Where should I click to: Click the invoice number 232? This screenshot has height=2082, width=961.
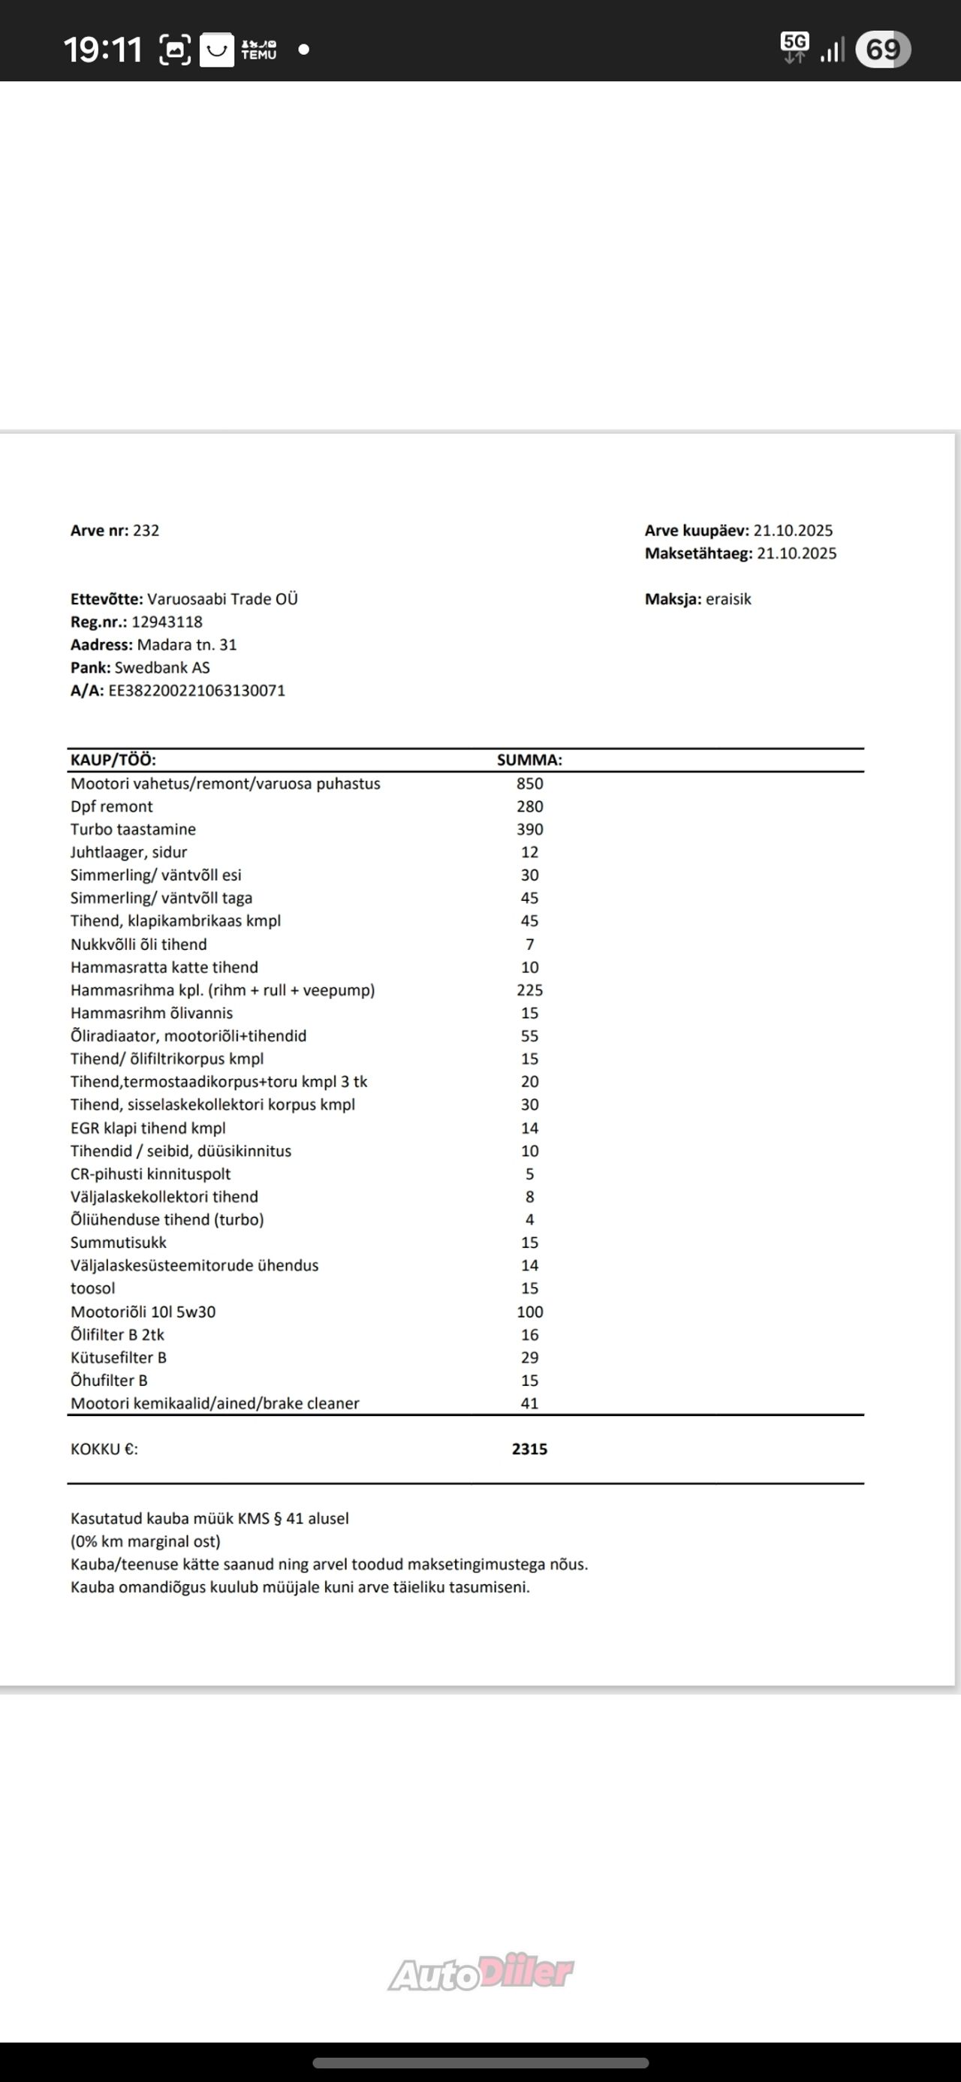click(146, 530)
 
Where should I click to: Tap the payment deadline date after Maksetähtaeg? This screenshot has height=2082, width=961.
click(796, 553)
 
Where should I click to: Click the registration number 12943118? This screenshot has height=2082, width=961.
click(167, 622)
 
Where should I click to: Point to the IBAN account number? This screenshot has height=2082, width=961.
click(197, 690)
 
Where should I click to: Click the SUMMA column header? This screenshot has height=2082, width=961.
click(529, 760)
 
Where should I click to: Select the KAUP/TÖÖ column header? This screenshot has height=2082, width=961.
click(113, 760)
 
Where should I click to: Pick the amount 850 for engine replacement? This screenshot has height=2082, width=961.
click(529, 783)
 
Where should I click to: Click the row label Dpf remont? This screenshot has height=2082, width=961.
click(112, 806)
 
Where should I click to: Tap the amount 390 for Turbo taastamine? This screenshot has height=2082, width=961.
click(529, 829)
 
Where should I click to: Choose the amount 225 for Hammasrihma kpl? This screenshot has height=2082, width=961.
click(529, 990)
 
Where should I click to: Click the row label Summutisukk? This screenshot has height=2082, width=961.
click(118, 1243)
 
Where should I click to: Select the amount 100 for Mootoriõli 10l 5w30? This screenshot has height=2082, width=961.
click(529, 1312)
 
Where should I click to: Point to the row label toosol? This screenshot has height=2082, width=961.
click(93, 1288)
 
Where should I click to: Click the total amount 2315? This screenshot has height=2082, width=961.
click(529, 1449)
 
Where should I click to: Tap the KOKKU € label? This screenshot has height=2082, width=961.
click(104, 1449)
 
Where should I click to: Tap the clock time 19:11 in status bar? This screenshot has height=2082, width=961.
click(103, 50)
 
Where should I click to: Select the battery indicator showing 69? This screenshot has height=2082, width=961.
click(883, 50)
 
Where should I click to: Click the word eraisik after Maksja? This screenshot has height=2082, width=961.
click(728, 599)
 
